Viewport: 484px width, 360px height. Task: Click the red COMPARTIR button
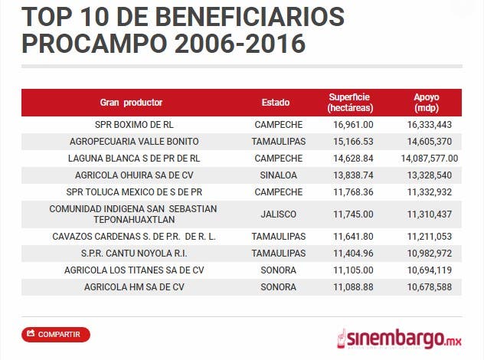pyautogui.click(x=56, y=334)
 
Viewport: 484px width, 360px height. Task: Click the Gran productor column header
pyautogui.click(x=131, y=103)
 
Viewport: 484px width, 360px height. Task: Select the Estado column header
pyautogui.click(x=276, y=103)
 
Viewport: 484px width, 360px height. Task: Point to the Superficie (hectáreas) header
pyautogui.click(x=349, y=103)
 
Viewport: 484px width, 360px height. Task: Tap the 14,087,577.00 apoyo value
pyautogui.click(x=429, y=158)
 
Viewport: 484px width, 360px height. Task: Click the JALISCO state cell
pyautogui.click(x=278, y=214)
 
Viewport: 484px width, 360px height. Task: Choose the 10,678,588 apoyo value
pyautogui.click(x=429, y=287)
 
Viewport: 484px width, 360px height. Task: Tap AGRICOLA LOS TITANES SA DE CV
pyautogui.click(x=134, y=270)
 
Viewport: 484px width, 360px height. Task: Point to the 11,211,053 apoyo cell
pyautogui.click(x=429, y=237)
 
